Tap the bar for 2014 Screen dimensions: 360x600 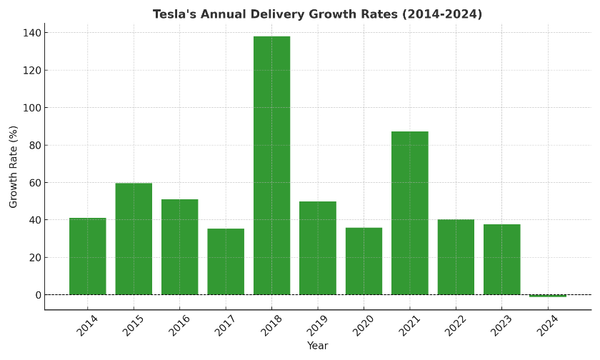pos(88,256)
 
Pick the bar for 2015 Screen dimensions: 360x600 pos(134,239)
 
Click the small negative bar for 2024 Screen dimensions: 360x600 pos(548,296)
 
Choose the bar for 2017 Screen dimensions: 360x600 pos(226,261)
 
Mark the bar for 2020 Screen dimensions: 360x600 pos(364,261)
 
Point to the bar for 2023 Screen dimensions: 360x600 pos(501,259)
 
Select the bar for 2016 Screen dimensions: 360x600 pos(179,247)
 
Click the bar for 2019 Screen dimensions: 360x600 pos(318,248)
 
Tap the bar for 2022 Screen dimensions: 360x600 pos(456,257)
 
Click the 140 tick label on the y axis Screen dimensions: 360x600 pos(33,33)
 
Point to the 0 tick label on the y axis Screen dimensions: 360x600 pos(38,295)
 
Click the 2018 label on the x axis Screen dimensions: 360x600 pos(271,326)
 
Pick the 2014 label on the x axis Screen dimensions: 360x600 pos(86,326)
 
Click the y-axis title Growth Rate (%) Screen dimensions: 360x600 pos(14,166)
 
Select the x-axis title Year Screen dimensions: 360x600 pos(318,346)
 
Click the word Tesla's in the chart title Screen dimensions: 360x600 pos(172,14)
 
